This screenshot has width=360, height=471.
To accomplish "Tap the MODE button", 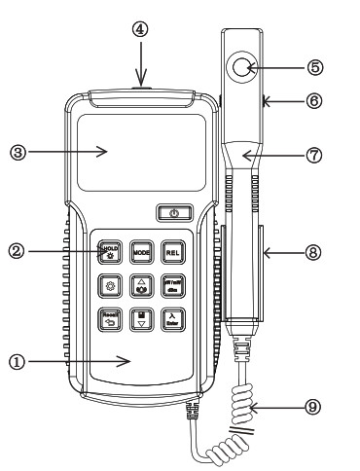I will tap(141, 252).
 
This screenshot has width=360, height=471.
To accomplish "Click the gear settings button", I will tap(109, 285).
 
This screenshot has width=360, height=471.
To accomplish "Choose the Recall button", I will tap(109, 317).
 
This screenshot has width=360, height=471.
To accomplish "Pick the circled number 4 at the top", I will tap(141, 30).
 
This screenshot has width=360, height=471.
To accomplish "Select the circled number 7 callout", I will tap(314, 154).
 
